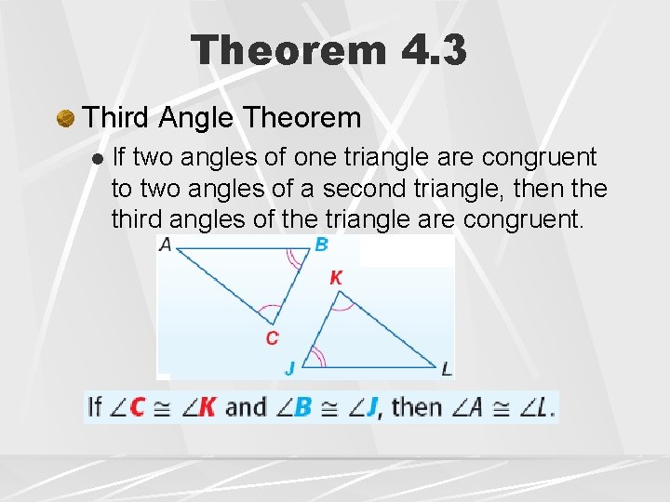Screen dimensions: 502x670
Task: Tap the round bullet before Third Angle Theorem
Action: tap(65, 119)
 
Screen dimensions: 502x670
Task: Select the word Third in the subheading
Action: tap(116, 118)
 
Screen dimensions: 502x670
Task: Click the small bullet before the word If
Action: tap(98, 159)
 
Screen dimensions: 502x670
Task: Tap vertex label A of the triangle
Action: tap(166, 244)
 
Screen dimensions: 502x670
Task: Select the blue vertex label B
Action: tap(321, 244)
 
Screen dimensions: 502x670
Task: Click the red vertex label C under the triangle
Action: tap(272, 337)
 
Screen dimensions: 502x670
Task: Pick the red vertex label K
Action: tap(336, 278)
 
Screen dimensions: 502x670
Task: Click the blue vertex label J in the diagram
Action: tap(289, 369)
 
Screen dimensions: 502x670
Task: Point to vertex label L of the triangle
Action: tap(447, 369)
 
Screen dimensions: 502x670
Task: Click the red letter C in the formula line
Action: tap(138, 407)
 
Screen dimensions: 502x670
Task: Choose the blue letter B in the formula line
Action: tap(302, 407)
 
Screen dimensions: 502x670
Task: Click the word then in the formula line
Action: tap(417, 407)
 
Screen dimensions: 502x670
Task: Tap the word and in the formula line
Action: tap(246, 407)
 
